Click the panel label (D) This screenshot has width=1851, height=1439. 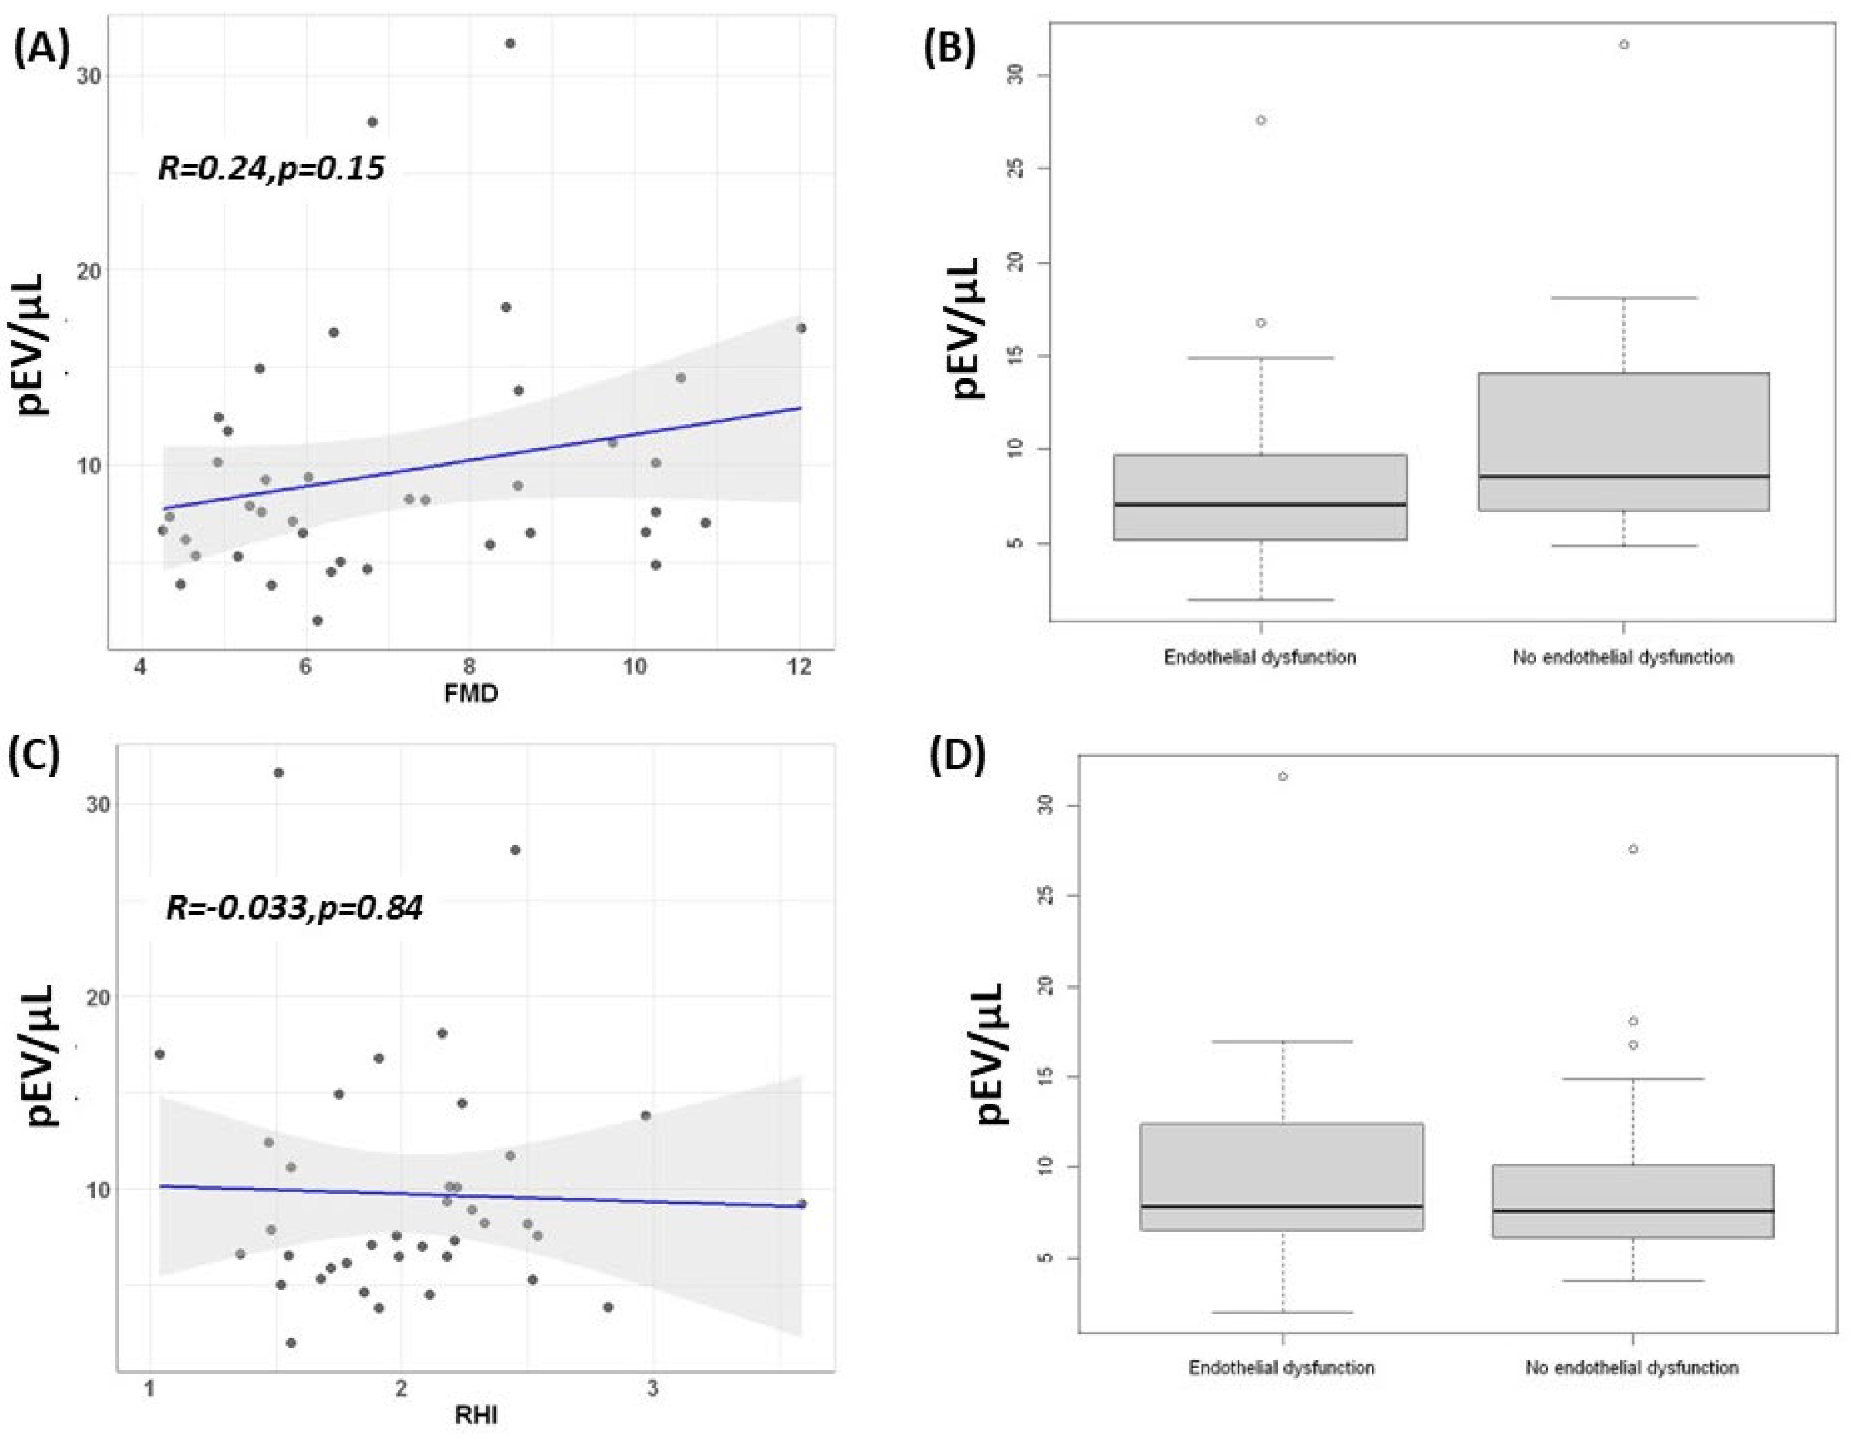pos(958,757)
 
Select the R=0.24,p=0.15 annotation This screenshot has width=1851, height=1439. pos(271,168)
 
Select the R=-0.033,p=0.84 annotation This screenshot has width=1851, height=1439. pos(294,908)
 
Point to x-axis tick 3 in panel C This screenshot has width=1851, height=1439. pos(652,1388)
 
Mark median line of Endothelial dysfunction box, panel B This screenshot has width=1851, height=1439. pos(1260,504)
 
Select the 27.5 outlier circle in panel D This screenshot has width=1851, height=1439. pos(1633,849)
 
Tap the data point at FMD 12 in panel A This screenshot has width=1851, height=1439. pos(801,328)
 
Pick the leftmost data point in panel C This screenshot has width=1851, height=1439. pos(159,1054)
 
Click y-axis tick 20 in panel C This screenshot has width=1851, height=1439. pos(99,997)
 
